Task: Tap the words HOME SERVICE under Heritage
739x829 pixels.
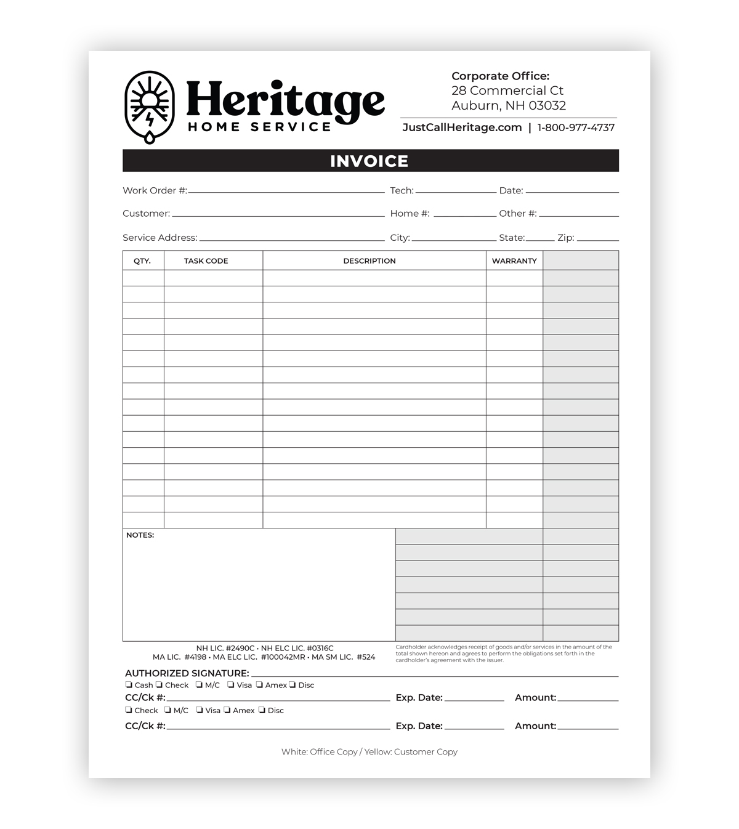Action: (x=259, y=127)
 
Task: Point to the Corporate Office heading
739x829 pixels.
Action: (x=500, y=76)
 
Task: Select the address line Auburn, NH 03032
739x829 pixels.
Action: (x=508, y=105)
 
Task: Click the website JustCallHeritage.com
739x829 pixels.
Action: (x=462, y=127)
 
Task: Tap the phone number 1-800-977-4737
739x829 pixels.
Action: (x=576, y=127)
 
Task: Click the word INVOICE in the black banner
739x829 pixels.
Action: (x=369, y=161)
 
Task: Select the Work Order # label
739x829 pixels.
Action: (x=155, y=191)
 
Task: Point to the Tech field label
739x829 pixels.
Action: (x=402, y=191)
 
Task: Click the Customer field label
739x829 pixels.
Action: (x=146, y=214)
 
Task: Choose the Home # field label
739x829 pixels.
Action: (x=410, y=214)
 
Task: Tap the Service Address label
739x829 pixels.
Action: (x=160, y=238)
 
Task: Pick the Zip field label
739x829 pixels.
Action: (x=565, y=238)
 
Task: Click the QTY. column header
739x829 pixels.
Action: (x=142, y=261)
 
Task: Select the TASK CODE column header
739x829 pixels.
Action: (x=206, y=261)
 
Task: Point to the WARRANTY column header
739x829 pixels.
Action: (x=514, y=261)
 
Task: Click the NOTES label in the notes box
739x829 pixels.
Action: (x=140, y=535)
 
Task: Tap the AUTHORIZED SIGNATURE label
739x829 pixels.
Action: (x=187, y=673)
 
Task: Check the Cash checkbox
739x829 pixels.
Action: (x=129, y=685)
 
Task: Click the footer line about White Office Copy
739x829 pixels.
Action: (x=369, y=752)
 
